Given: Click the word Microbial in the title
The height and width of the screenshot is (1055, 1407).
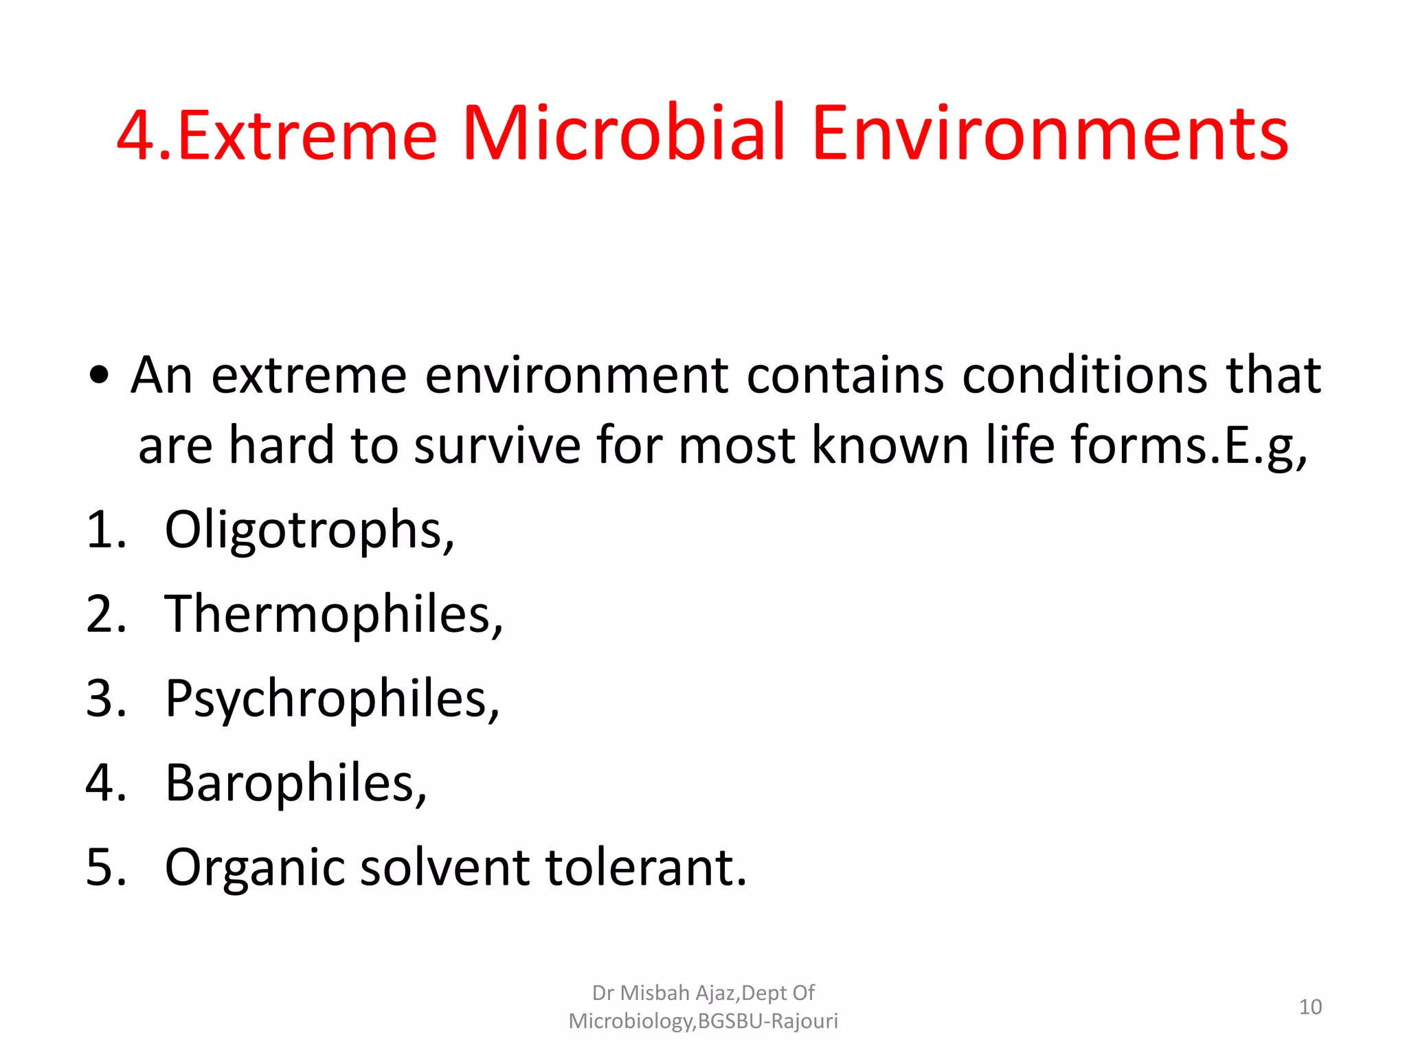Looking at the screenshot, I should click(624, 134).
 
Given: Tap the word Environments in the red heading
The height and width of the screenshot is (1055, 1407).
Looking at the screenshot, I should click(1050, 134).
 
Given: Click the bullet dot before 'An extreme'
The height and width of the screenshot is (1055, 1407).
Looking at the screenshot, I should click(100, 376).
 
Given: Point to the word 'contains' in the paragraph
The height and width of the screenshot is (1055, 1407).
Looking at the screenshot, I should click(845, 376).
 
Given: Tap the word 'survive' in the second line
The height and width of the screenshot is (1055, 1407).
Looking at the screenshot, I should click(497, 445).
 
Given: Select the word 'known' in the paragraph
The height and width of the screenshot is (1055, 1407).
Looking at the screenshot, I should click(890, 445).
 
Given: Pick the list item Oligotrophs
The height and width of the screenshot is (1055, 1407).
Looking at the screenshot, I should click(309, 531).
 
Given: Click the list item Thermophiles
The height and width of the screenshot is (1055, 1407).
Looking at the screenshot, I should click(334, 615).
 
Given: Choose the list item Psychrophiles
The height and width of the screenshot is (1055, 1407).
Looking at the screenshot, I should click(333, 699).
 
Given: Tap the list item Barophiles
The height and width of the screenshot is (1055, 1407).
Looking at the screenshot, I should click(295, 783).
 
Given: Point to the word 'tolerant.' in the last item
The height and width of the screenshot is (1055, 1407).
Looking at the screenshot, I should click(646, 867).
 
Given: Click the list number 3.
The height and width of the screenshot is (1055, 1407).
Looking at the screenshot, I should click(106, 699).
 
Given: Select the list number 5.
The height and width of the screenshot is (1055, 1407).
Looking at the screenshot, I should click(106, 867).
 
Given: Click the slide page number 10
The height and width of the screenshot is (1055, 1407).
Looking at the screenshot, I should click(1310, 1007).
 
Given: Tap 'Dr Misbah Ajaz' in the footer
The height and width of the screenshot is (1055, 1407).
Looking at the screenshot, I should click(664, 993).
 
